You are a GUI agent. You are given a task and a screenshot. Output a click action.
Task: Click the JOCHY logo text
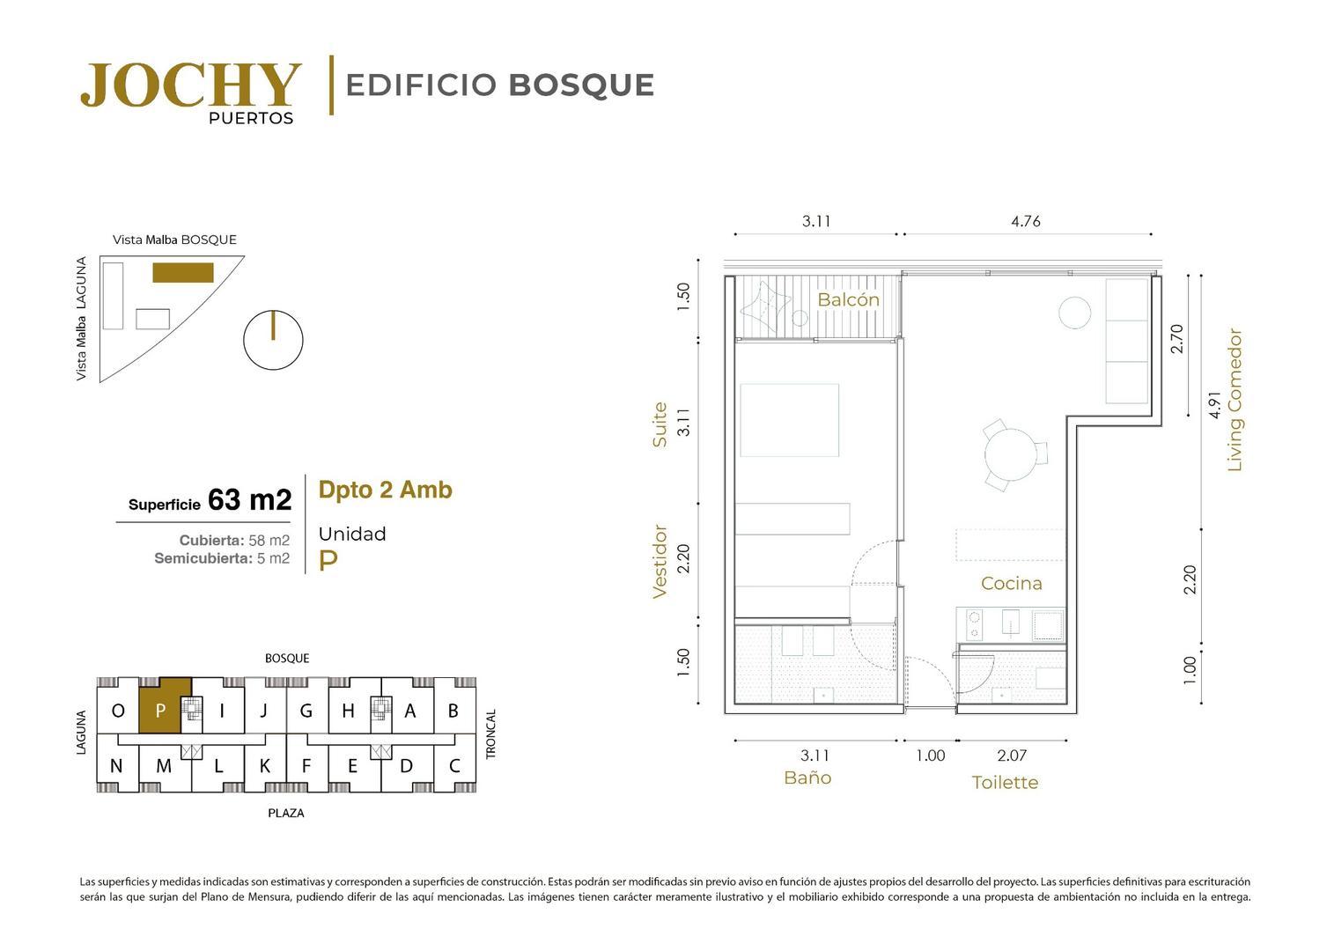pos(190,85)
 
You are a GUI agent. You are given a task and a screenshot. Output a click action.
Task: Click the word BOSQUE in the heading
pos(581,85)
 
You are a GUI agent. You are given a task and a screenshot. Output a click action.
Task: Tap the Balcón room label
pos(848,299)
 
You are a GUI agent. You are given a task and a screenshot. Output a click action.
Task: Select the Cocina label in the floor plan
pos(1011,583)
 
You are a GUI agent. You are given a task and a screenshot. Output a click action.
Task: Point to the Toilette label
pos(1005,782)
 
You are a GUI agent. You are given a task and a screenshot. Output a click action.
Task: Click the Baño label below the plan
pos(807,778)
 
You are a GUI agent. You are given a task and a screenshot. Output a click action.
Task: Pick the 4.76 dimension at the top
pos(1026,221)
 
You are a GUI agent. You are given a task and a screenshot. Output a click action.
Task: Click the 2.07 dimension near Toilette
pos(1012,756)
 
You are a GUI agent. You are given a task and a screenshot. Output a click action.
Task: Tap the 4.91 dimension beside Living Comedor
pos(1214,403)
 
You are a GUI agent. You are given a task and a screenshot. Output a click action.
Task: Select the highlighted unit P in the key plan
pos(160,710)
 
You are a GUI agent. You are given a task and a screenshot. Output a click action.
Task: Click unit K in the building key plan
pos(264,766)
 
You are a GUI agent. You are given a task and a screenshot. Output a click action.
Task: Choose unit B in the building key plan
pos(453,711)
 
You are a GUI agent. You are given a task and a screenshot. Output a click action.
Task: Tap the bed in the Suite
pos(789,420)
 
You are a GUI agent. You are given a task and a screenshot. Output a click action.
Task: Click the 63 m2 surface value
pos(249,500)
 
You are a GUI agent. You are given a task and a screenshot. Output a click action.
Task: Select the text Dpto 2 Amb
pos(385,490)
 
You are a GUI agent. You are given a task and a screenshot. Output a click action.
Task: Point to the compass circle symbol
pos(273,340)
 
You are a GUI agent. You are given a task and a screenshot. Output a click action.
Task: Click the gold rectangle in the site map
pos(183,272)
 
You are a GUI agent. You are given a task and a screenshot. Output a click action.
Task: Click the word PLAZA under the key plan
pos(285,813)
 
